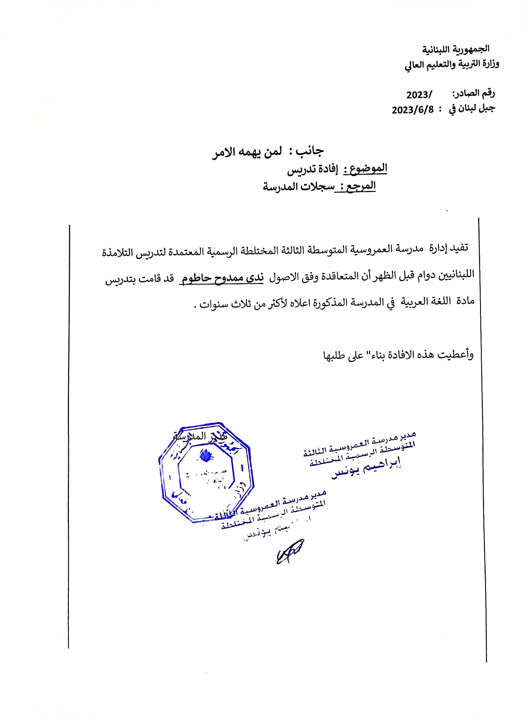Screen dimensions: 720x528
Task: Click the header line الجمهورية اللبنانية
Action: tap(455, 49)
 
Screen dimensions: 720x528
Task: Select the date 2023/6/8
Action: tap(413, 110)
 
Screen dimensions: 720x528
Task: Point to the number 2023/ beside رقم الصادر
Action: tap(419, 95)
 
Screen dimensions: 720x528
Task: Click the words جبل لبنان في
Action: tap(472, 109)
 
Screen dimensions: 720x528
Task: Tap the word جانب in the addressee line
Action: tap(309, 151)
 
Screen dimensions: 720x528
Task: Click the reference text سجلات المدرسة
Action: tap(298, 186)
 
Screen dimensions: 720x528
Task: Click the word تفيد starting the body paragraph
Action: tap(459, 248)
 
